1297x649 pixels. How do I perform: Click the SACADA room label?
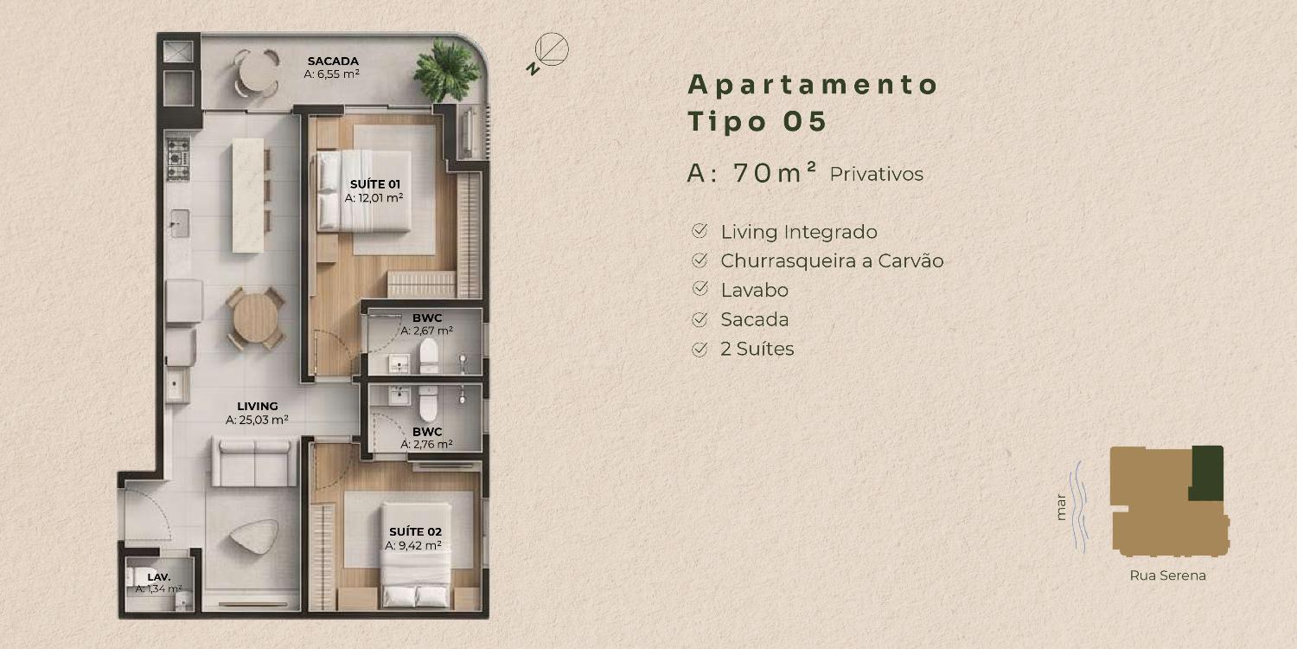333,61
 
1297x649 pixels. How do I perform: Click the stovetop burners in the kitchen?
178,158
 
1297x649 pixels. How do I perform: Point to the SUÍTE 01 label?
374,184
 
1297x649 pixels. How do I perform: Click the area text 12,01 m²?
374,198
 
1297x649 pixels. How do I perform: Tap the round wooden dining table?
255,318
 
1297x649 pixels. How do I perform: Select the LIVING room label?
257,406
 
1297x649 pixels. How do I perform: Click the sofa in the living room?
254,461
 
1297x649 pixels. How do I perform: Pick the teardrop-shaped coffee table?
253,537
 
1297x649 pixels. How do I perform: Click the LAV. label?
158,577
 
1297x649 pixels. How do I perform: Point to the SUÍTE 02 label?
415,532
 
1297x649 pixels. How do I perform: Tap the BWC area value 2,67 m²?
427,331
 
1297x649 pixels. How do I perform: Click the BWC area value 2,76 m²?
427,445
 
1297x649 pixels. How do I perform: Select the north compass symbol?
547,52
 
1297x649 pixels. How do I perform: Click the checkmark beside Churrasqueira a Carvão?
700,260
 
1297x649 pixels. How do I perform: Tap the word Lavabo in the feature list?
755,290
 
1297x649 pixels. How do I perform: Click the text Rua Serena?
1167,575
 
